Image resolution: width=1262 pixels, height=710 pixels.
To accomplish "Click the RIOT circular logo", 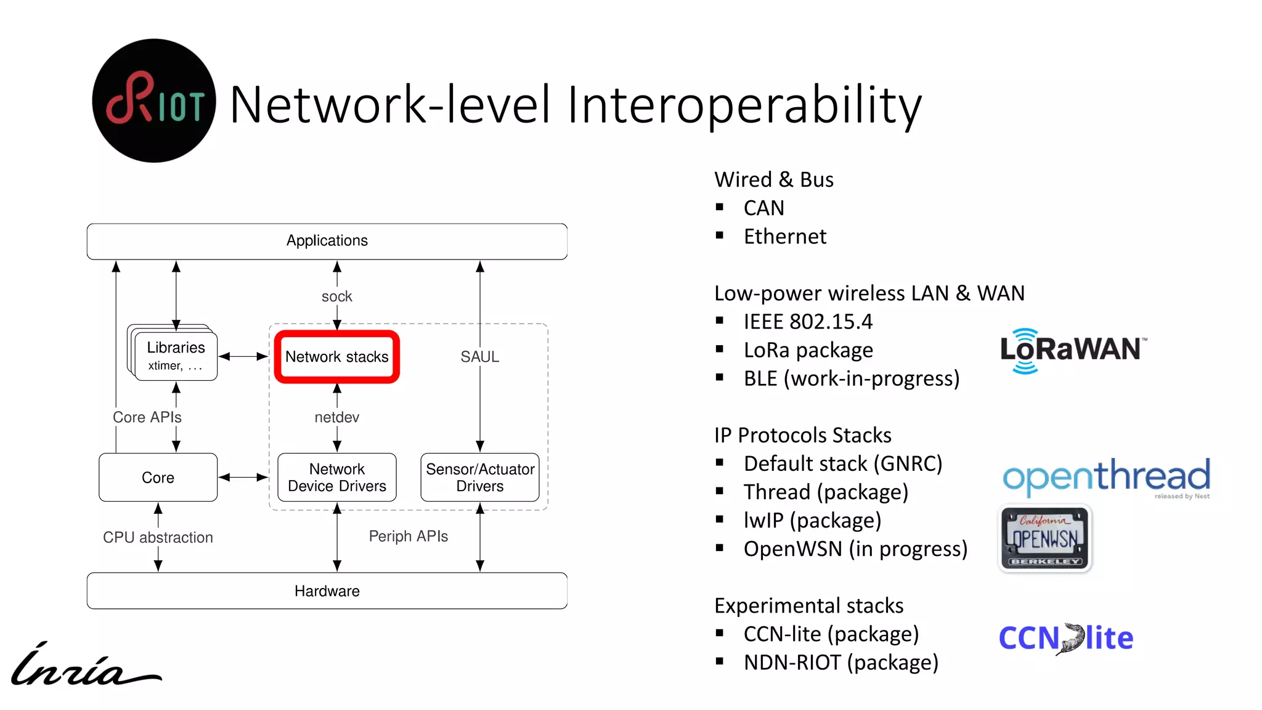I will [x=153, y=101].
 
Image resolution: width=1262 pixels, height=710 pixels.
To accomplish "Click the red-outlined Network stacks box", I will [x=337, y=357].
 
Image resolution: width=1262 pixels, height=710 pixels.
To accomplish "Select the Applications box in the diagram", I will [x=327, y=241].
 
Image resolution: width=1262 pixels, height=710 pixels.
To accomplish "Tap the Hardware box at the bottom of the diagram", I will [x=327, y=591].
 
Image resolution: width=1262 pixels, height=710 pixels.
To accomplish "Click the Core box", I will [x=158, y=478].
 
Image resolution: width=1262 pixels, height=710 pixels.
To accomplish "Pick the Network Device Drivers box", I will [x=337, y=478].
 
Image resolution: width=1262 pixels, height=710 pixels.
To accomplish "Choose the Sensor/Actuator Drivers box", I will [x=480, y=478].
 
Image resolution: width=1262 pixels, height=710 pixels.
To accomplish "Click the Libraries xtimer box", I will [x=176, y=356].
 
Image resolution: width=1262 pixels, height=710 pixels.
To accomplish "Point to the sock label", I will [x=337, y=296].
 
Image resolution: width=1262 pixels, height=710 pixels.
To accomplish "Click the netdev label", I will [x=337, y=417].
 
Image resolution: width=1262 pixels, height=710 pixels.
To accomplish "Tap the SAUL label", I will [x=480, y=357].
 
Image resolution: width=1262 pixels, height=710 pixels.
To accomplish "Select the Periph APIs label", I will [x=409, y=536].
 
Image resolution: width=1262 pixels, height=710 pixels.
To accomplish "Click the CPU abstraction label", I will [x=158, y=537].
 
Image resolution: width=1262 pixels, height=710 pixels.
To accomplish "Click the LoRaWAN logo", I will [x=1072, y=350].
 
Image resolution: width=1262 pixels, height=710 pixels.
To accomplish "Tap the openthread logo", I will [x=1107, y=477].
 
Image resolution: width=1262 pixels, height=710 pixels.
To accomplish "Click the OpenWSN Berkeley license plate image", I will [x=1045, y=539].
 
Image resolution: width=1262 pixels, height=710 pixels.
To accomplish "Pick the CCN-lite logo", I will [x=1066, y=639].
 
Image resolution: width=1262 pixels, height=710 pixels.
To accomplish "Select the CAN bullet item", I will [x=763, y=208].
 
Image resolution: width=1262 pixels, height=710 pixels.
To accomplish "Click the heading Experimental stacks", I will [x=808, y=606].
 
